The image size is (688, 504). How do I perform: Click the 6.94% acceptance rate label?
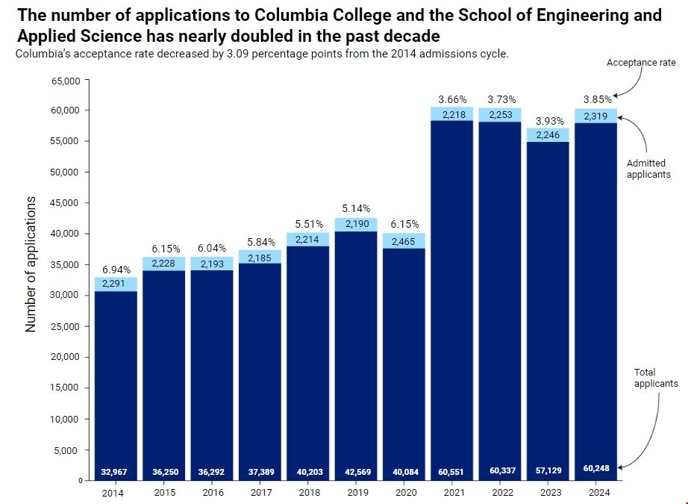point(116,269)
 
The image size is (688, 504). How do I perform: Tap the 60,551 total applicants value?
point(451,472)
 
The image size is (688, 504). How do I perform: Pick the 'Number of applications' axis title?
point(31,264)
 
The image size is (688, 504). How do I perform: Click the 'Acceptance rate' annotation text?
point(641,63)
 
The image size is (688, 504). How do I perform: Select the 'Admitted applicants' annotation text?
point(648,169)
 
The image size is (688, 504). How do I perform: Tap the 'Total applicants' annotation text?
point(655,378)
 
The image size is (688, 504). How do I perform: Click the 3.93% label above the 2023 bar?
point(548,120)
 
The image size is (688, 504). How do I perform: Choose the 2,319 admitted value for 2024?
point(595,116)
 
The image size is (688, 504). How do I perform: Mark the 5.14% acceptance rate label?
point(356,208)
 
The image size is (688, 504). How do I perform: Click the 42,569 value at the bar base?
point(356,472)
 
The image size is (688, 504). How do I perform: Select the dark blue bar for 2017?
point(260,366)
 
